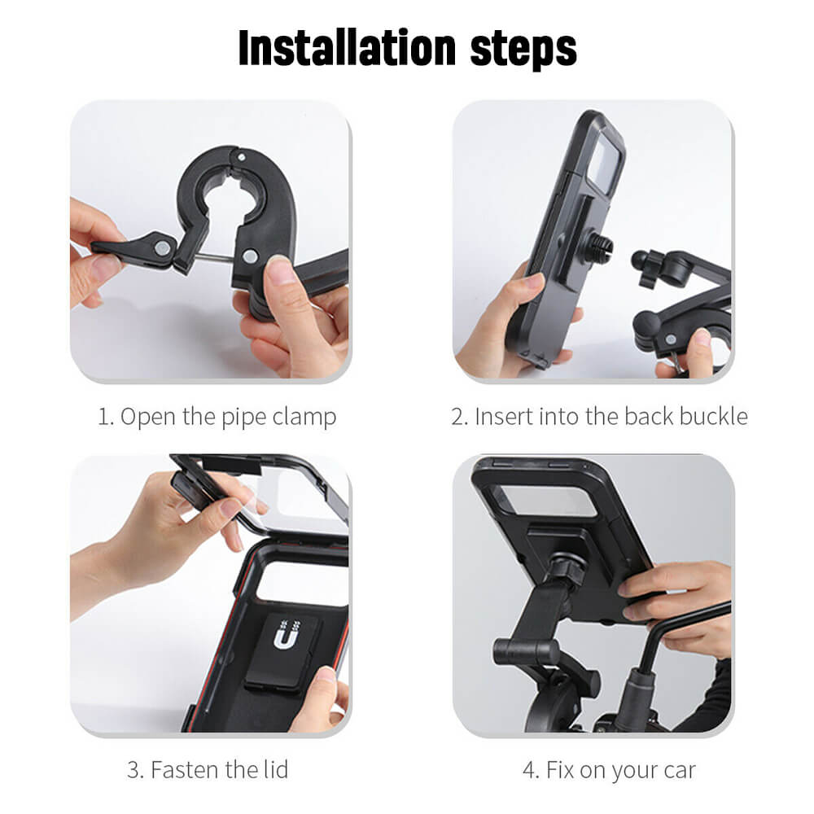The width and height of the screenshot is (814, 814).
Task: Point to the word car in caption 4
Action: click(678, 769)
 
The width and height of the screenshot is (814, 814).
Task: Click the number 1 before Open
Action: click(103, 417)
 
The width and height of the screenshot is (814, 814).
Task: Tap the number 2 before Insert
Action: click(457, 417)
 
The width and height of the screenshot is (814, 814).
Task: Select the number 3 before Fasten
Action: click(132, 769)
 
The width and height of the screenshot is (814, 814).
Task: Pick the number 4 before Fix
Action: click(529, 769)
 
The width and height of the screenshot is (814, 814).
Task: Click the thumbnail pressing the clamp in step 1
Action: click(279, 269)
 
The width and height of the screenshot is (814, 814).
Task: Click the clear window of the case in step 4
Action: click(554, 498)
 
